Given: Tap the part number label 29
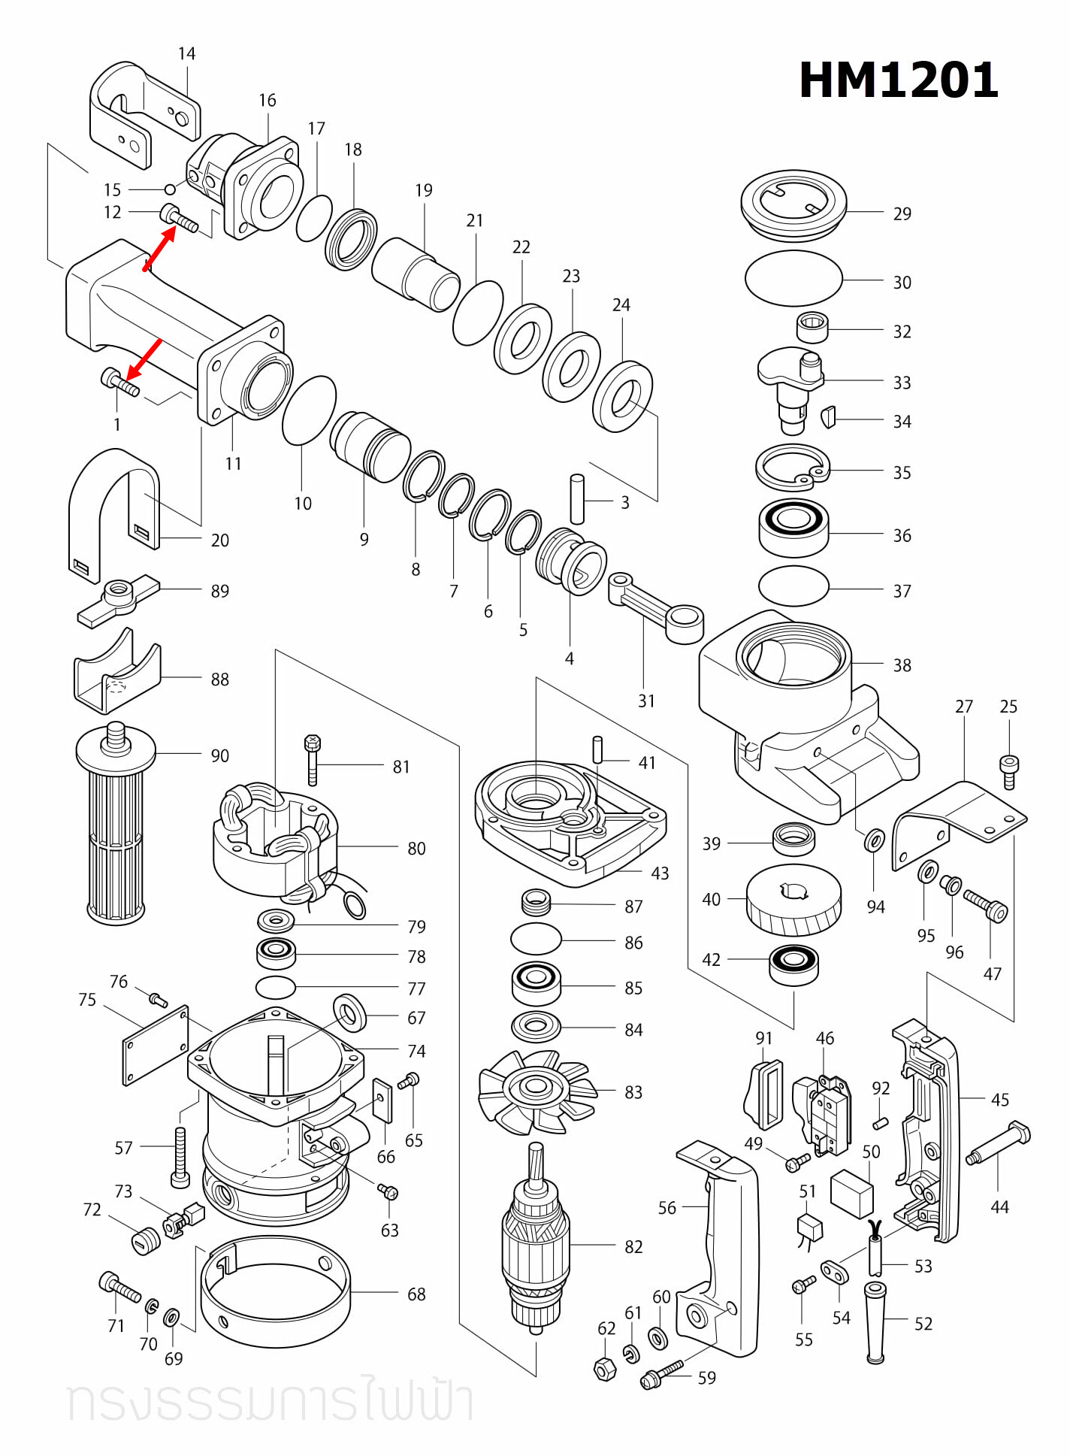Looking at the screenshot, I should pyautogui.click(x=902, y=213).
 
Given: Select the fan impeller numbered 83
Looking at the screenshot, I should pyautogui.click(x=537, y=1089).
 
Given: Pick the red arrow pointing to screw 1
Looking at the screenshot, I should pyautogui.click(x=144, y=359).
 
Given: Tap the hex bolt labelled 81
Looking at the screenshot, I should pyautogui.click(x=313, y=759).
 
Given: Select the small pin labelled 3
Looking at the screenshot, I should pyautogui.click(x=577, y=498).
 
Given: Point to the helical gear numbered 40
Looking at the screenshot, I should pyautogui.click(x=793, y=900).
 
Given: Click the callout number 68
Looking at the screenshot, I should pyautogui.click(x=416, y=1294).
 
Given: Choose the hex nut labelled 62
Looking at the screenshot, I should pyautogui.click(x=605, y=1370).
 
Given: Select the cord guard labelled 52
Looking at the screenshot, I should pyautogui.click(x=875, y=1323).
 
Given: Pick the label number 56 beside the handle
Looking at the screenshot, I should pyautogui.click(x=667, y=1208).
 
